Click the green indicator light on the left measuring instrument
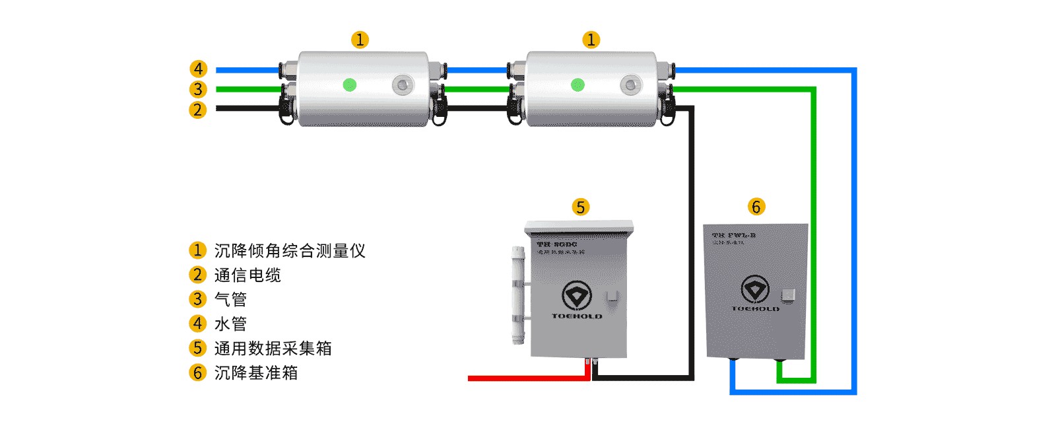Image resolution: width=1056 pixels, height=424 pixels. [350, 85]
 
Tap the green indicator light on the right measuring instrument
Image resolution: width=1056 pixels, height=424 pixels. [577, 85]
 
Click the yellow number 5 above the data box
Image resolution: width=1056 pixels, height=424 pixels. [580, 207]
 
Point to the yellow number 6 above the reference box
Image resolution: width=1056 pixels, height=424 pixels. [756, 207]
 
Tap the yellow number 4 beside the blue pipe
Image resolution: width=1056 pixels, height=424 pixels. [198, 69]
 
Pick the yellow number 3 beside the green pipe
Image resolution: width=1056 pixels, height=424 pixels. [198, 89]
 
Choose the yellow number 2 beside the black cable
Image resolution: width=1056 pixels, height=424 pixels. [198, 110]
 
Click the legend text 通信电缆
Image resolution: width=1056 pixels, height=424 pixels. [247, 275]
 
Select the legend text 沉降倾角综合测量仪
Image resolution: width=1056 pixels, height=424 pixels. [289, 251]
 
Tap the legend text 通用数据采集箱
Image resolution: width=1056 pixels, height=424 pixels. [273, 349]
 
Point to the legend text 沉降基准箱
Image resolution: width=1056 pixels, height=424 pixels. [256, 373]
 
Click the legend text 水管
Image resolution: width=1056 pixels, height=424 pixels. [230, 324]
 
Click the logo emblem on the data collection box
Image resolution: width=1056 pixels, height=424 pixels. [576, 295]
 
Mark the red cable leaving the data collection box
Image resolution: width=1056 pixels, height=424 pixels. [528, 378]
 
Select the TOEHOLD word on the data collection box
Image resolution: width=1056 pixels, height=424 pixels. [577, 316]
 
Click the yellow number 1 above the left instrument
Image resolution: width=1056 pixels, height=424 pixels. [360, 40]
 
